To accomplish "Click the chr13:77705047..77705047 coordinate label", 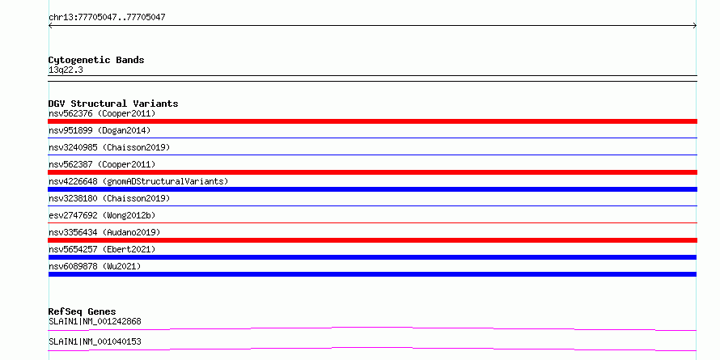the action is (107, 18).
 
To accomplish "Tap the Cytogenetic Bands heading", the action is (96, 60).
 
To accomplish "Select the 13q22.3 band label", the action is (66, 70).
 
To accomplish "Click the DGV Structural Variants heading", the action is (113, 104).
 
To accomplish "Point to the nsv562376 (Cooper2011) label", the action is (102, 113).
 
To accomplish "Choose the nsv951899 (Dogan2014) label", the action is (100, 130).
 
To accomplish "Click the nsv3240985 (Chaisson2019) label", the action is (109, 147).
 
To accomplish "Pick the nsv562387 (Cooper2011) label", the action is (102, 164).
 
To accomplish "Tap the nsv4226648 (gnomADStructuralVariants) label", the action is (138, 181).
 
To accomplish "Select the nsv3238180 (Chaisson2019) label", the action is (109, 198).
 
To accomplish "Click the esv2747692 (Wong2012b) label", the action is (100, 215).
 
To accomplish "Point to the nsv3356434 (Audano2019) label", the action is (104, 232).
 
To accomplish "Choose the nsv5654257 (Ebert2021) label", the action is (102, 249).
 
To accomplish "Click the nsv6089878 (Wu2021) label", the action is (95, 266).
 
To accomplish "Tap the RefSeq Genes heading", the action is (83, 311).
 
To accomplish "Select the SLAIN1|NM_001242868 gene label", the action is (95, 321).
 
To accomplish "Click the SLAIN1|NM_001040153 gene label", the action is (95, 341).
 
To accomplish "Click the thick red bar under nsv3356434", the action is (372, 240).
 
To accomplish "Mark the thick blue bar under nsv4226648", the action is (372, 189).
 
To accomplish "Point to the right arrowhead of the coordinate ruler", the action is (696, 26).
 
